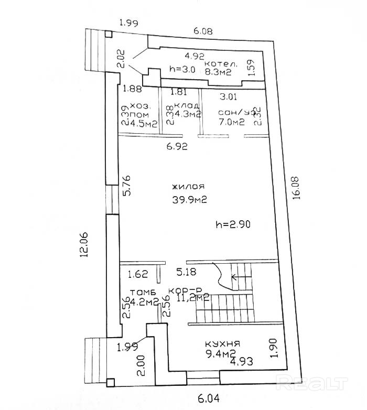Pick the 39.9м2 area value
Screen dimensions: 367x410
tap(189, 199)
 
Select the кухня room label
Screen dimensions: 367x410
tap(222, 343)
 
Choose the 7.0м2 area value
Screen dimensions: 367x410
tap(231, 123)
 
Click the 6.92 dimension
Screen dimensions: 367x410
tap(177, 147)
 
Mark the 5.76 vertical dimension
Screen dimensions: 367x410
tap(126, 186)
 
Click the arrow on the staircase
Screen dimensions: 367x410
tap(234, 277)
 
